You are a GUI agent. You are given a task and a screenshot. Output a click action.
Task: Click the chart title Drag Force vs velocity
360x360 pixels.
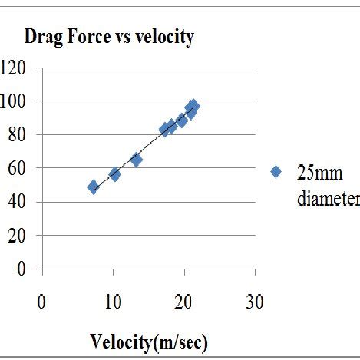[108, 37]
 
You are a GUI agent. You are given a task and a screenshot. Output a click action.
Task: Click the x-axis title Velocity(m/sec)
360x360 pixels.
[150, 340]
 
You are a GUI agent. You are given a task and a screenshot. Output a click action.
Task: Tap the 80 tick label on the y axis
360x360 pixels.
[18, 135]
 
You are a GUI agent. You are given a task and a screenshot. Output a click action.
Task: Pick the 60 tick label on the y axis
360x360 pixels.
[18, 168]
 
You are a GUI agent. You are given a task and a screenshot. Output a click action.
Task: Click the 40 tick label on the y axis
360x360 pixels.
[18, 202]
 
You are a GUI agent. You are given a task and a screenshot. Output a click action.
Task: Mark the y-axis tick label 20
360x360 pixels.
[18, 236]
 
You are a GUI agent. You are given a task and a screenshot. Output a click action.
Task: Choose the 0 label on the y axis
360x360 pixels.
[22, 269]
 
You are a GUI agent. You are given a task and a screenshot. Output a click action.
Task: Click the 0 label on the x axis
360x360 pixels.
[41, 302]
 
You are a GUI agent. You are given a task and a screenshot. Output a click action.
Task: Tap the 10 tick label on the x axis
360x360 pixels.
[113, 302]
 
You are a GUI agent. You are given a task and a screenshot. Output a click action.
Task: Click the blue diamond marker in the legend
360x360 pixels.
[276, 172]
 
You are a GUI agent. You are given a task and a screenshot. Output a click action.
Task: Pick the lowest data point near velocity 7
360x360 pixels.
[93, 187]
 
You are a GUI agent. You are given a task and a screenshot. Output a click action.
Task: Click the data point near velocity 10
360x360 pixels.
[114, 174]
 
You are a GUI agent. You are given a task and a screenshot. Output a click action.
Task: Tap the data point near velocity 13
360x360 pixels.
[136, 160]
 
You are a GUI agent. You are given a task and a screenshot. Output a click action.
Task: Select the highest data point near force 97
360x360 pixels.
[193, 105]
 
